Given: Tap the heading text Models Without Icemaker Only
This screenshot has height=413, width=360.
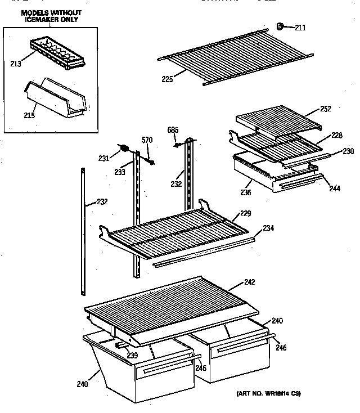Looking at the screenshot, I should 43,16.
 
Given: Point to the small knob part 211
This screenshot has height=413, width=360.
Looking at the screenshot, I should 280,25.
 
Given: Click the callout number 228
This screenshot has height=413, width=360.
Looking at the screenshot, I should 336,135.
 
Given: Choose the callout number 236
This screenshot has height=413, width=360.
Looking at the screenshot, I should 246,192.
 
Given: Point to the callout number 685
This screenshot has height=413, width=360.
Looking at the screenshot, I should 173,131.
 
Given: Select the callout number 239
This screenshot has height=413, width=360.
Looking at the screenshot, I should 132,355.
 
